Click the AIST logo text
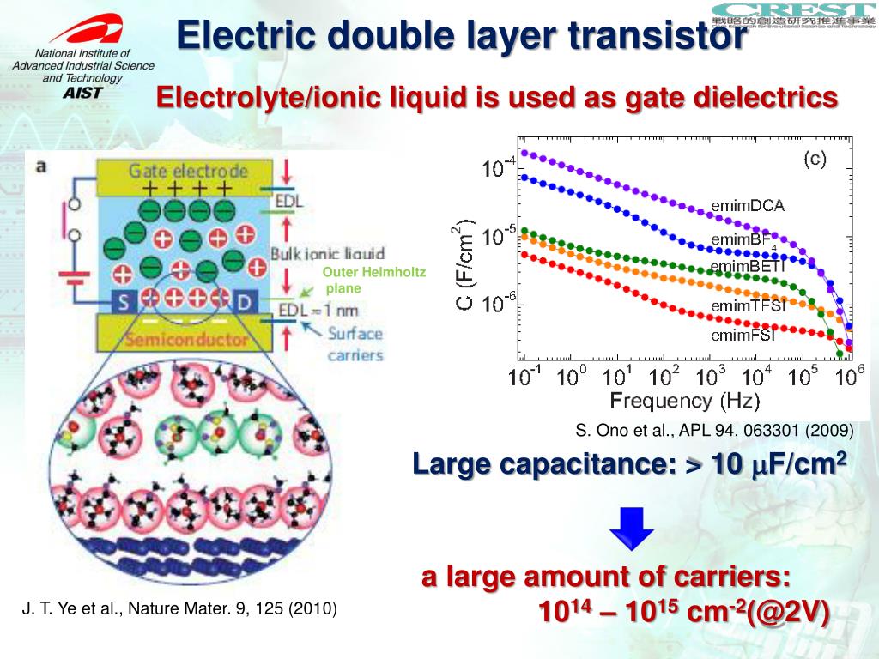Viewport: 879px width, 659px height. click(82, 92)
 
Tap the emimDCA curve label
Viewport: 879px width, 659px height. click(748, 205)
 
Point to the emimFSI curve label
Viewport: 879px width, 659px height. click(743, 335)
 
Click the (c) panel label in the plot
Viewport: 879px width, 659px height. click(815, 159)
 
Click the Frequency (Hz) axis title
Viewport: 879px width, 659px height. click(673, 401)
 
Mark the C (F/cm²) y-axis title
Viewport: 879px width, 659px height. click(464, 265)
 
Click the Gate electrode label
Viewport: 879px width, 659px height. click(188, 171)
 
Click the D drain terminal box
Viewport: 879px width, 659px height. click(246, 301)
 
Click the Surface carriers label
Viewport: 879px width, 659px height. click(355, 344)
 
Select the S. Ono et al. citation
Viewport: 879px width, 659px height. click(713, 431)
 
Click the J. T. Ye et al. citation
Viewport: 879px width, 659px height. click(179, 609)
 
